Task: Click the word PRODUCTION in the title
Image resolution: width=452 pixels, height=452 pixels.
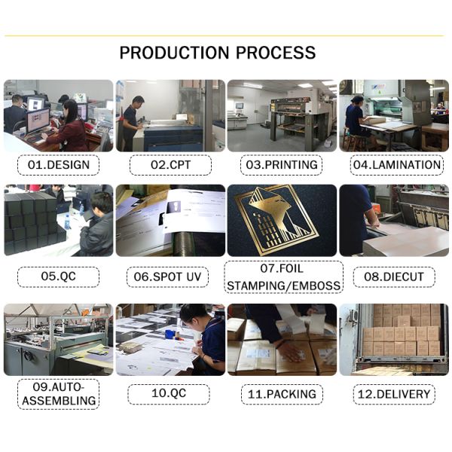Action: pos(175,53)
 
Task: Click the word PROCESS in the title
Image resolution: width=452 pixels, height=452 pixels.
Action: pos(276,53)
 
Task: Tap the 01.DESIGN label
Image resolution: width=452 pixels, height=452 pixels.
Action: pos(59,165)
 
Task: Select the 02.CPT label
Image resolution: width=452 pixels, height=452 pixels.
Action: pos(171,165)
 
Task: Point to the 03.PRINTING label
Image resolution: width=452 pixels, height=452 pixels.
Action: pos(282,165)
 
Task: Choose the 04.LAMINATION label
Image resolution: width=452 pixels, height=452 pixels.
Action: pos(397,165)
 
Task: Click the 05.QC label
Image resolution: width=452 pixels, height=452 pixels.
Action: pos(59,276)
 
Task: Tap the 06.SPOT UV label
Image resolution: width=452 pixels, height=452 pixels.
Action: pos(167,276)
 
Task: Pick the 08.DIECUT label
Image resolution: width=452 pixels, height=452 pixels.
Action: pos(394,276)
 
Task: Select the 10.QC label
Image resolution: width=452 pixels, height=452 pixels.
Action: pos(169,394)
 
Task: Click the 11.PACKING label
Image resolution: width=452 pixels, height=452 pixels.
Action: pos(282,394)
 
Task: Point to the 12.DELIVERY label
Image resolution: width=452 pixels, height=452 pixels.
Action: pos(394,394)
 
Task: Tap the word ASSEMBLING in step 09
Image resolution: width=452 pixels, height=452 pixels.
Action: pos(59,401)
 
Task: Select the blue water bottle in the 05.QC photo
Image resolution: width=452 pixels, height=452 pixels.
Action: pos(68,222)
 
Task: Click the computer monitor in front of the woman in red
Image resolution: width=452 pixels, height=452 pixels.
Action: pos(38,121)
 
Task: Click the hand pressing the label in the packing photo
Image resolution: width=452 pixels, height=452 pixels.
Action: pos(290,350)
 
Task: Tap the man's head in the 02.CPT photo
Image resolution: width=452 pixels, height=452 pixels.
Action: pos(139,102)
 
